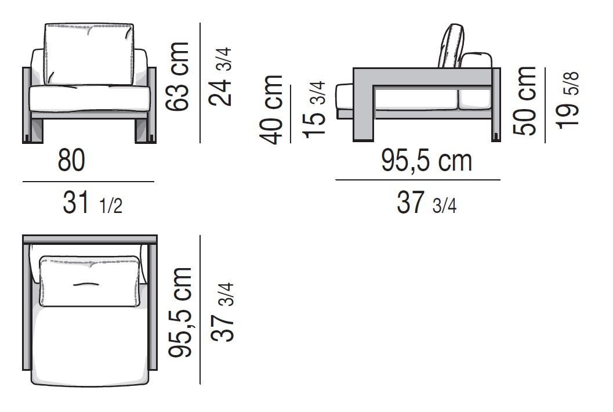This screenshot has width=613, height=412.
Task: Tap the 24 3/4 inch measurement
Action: (220, 77)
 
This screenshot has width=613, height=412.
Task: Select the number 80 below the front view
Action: (71, 160)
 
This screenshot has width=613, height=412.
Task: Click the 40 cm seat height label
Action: (271, 109)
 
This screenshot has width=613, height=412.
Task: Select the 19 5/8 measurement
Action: (567, 100)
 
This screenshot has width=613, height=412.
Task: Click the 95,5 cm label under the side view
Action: (426, 160)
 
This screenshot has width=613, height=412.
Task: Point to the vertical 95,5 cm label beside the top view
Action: (180, 312)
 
